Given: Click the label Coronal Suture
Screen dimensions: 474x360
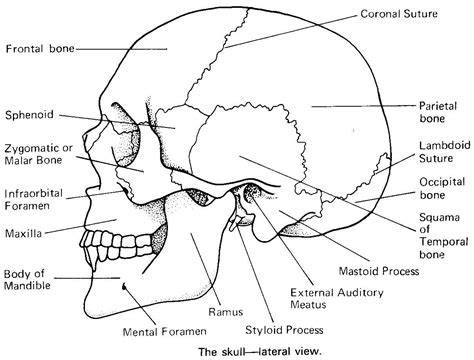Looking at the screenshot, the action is click(x=399, y=14).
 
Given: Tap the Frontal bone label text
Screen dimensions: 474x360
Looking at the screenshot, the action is click(x=40, y=49).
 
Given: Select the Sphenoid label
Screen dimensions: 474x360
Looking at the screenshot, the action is click(x=29, y=115).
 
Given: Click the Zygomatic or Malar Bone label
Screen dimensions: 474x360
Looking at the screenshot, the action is click(x=38, y=154).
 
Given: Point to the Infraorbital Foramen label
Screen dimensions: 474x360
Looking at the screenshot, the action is click(x=33, y=199).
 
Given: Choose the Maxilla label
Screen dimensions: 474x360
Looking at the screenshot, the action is click(x=23, y=233).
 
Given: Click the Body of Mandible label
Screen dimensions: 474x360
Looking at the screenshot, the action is click(x=27, y=280).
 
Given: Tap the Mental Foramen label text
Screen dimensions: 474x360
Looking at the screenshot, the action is click(x=165, y=332).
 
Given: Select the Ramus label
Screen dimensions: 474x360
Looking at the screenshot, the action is click(x=226, y=312).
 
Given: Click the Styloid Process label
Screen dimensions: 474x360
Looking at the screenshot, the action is click(x=284, y=330).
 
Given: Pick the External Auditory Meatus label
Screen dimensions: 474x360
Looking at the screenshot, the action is click(x=337, y=299).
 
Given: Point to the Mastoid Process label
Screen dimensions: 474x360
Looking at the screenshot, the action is click(x=379, y=271).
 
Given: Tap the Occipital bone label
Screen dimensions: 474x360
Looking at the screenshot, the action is click(x=442, y=188).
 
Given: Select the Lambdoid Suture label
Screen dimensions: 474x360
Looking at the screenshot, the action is click(x=445, y=151).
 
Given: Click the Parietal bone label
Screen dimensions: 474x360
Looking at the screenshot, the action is click(x=438, y=112).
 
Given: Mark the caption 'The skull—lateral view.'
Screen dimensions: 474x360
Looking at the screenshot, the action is click(x=260, y=352).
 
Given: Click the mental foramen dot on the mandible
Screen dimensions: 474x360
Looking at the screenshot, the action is click(x=124, y=286).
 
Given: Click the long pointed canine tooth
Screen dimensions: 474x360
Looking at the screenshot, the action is click(x=94, y=259).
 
